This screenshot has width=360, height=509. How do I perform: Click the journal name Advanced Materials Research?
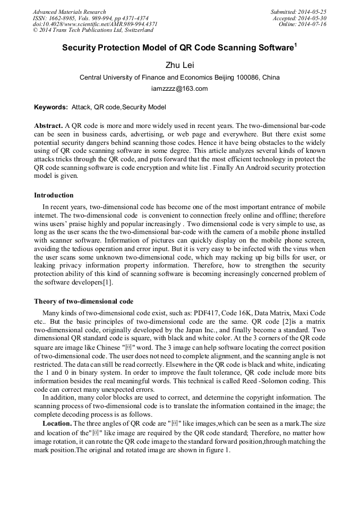(69, 12)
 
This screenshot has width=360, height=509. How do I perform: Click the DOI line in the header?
(95, 24)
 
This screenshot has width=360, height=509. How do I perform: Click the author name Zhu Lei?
(179, 65)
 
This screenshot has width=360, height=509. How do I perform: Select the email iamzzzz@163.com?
(179, 89)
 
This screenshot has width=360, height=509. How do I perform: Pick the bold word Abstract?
(48, 126)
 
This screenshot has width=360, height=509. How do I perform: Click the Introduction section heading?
(54, 195)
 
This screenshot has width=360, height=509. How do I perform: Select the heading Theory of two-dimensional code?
(83, 301)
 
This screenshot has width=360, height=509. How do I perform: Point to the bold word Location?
(57, 423)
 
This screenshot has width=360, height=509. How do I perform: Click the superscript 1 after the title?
(295, 45)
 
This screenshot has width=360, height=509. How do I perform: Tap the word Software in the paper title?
(270, 48)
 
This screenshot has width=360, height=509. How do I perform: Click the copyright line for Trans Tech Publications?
(92, 30)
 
